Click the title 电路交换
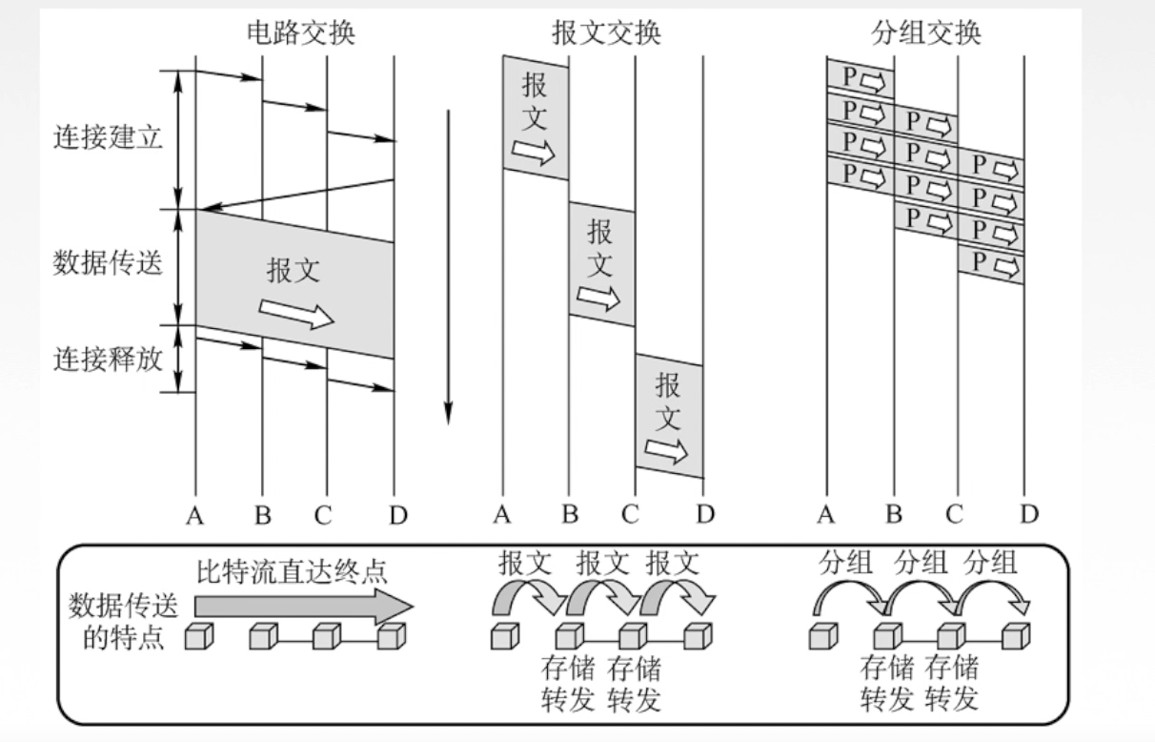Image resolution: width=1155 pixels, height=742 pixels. coord(299,32)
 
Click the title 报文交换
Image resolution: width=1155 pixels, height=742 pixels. coord(606,32)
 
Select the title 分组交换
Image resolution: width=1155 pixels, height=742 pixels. coord(926,32)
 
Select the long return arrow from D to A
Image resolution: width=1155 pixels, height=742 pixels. coord(295,195)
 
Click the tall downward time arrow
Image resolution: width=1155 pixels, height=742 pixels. coord(447,267)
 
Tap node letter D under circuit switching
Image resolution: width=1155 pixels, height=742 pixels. coord(397,516)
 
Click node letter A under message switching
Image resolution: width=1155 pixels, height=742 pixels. coord(502,516)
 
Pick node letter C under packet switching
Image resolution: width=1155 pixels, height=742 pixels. coord(954,516)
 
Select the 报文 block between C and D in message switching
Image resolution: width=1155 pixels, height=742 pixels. coord(669,416)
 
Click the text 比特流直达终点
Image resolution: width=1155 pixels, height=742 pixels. coord(293,573)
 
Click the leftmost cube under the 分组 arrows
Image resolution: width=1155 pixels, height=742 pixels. coord(824,635)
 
